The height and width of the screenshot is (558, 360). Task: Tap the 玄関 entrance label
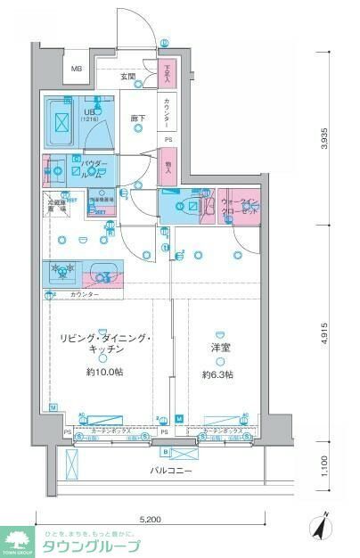click(128, 78)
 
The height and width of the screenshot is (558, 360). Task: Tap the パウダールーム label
click(94, 168)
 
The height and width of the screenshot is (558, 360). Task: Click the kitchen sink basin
click(103, 271)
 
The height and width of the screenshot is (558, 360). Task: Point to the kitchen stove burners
click(62, 271)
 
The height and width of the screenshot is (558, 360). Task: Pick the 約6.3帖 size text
click(218, 374)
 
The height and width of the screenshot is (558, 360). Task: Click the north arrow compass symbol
click(322, 526)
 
